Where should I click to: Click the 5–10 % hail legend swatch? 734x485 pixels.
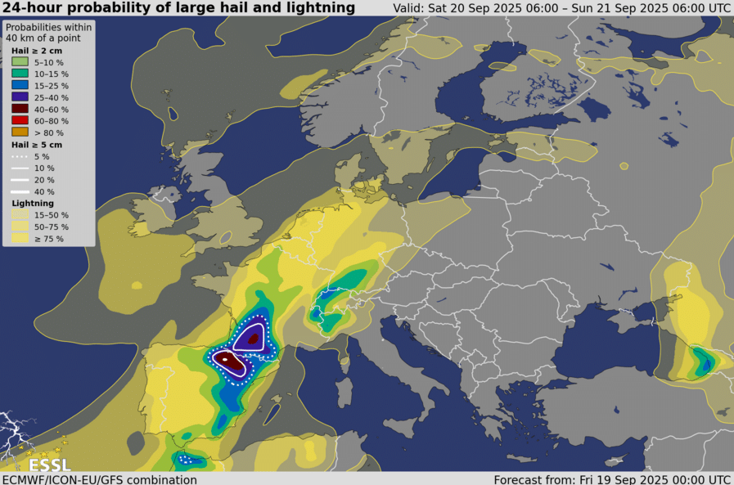[x=20, y=62]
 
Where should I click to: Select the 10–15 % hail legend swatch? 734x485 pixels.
[x=20, y=74]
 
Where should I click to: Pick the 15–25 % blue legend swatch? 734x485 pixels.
[x=20, y=85]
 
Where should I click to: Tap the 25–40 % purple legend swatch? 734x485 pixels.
[x=20, y=97]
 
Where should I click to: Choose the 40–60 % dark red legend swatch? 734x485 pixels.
[x=20, y=109]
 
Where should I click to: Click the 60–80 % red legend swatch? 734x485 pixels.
[x=20, y=120]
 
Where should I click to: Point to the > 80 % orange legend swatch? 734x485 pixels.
[x=20, y=132]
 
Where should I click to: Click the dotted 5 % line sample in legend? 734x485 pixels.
[x=20, y=156]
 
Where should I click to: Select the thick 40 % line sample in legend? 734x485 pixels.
[x=20, y=191]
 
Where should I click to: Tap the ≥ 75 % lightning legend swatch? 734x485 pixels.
[x=20, y=239]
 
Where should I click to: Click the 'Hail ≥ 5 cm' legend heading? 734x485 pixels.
[x=37, y=145]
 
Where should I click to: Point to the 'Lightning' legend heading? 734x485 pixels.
[x=33, y=203]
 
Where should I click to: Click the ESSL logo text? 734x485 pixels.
[x=49, y=465]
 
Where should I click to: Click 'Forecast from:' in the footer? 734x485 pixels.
[x=531, y=479]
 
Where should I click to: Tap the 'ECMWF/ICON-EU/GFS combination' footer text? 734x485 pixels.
[x=99, y=479]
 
